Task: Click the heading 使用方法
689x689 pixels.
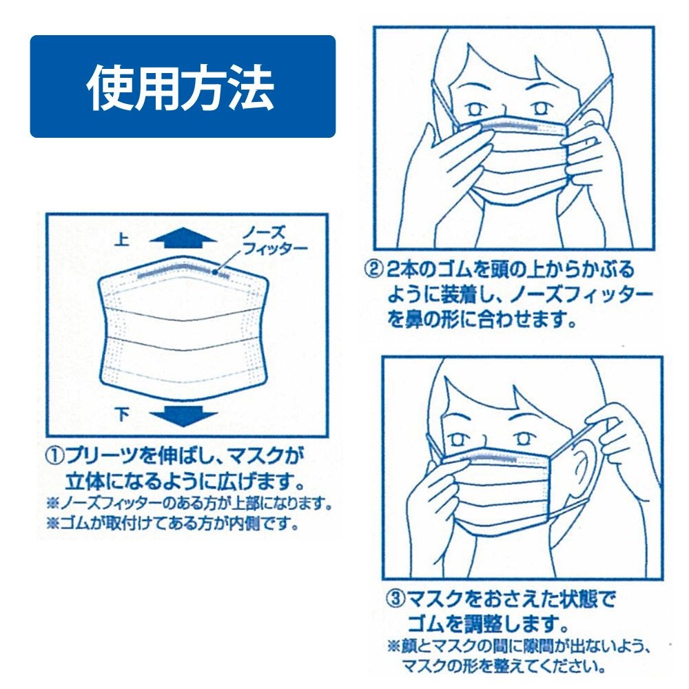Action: click(181, 87)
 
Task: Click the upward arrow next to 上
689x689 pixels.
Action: click(183, 238)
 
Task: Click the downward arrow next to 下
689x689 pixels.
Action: click(183, 416)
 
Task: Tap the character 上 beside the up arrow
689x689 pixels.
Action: click(121, 240)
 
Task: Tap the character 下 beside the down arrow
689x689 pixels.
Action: click(122, 414)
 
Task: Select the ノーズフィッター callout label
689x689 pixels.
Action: click(275, 240)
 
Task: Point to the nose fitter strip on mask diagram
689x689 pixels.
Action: click(183, 271)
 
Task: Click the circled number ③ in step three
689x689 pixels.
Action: click(395, 599)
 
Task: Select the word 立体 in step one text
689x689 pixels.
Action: click(85, 482)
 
